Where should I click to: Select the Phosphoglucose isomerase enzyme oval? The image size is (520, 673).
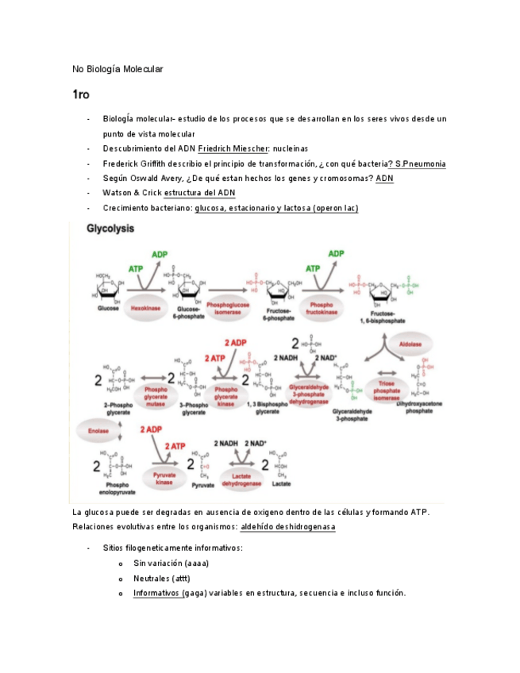(x=227, y=306)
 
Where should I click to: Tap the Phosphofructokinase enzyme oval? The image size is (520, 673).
(x=322, y=306)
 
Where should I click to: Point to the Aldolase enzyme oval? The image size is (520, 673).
(x=410, y=345)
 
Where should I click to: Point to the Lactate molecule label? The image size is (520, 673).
(x=280, y=483)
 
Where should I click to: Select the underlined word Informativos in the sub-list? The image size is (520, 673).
(x=157, y=593)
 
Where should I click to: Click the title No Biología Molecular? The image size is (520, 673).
(x=117, y=69)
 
